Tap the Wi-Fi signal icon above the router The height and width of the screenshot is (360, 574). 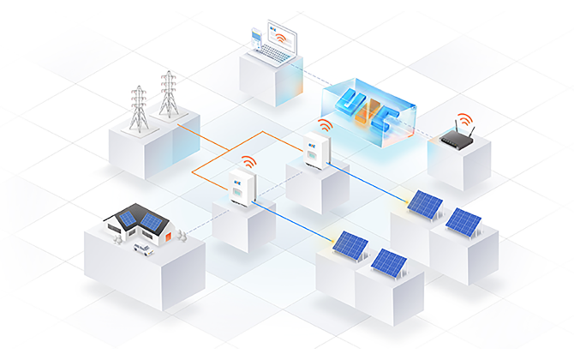[x=463, y=118]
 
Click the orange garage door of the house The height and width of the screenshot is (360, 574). [x=168, y=236]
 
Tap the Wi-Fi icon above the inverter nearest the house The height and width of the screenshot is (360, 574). [x=247, y=161]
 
